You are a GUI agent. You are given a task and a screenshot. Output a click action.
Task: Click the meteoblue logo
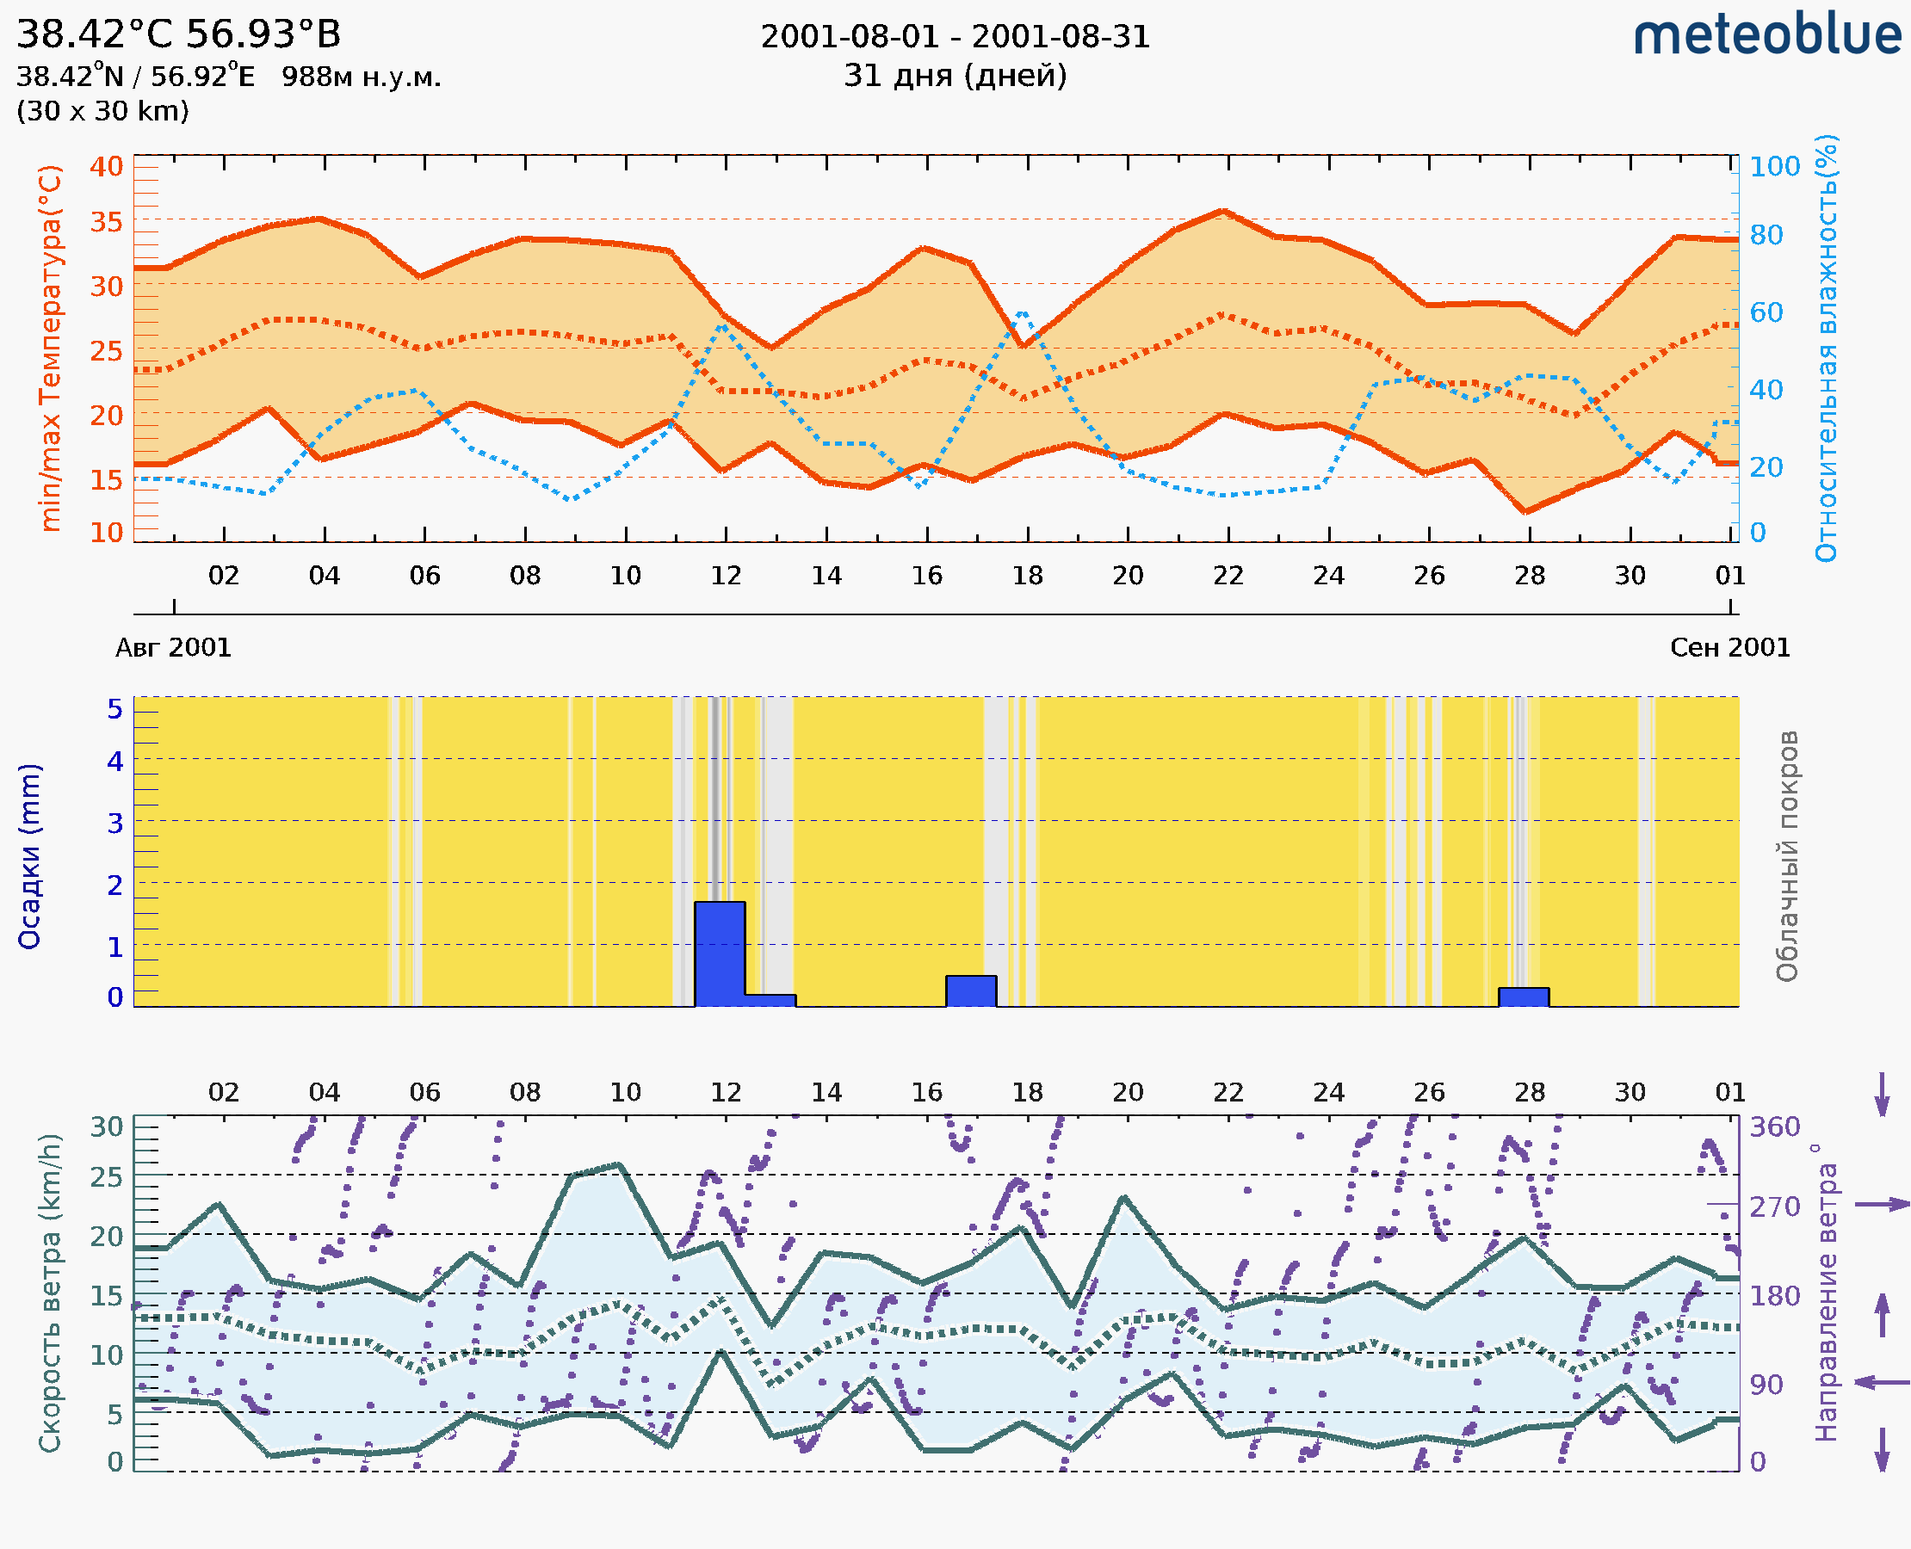click(1766, 35)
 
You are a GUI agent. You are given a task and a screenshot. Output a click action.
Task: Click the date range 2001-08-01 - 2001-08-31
click(955, 37)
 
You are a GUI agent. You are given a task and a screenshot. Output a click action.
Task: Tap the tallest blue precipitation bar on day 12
click(720, 953)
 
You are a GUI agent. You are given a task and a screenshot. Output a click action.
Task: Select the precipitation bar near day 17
click(971, 990)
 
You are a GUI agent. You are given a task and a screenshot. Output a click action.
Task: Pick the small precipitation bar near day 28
click(1524, 997)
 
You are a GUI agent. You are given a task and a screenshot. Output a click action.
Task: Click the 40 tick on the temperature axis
click(106, 167)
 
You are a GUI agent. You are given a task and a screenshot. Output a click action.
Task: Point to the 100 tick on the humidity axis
click(1774, 167)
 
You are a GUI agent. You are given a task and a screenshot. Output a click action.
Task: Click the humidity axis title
click(1826, 348)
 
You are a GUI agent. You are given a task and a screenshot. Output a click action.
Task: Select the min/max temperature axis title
click(51, 348)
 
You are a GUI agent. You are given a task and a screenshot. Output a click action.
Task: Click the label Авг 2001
click(173, 648)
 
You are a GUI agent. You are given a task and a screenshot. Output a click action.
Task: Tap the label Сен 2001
click(1730, 648)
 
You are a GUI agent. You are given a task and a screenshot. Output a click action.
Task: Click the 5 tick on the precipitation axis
click(115, 709)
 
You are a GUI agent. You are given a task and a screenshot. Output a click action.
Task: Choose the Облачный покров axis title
click(1787, 856)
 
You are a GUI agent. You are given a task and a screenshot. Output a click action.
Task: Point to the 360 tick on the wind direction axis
click(1774, 1127)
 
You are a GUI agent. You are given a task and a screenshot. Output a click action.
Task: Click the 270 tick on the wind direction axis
click(1774, 1207)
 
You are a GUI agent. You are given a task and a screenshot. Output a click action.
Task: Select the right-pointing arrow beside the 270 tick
click(1882, 1205)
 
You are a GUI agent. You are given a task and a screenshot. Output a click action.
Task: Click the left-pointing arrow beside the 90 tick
click(1882, 1382)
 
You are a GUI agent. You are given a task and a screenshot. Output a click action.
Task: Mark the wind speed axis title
click(51, 1293)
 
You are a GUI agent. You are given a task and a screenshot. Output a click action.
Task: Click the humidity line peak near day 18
click(1022, 313)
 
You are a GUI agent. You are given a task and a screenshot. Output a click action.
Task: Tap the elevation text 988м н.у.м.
click(362, 77)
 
